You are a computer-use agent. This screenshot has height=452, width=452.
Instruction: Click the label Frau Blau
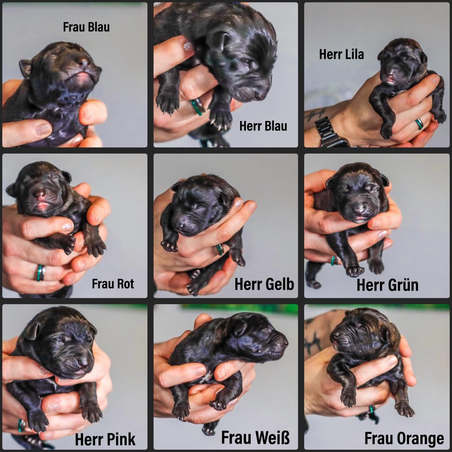pyautogui.click(x=86, y=27)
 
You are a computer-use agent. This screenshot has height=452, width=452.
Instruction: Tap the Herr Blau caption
pyautogui.click(x=263, y=126)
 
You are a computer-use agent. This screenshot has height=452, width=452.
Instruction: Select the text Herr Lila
pyautogui.click(x=341, y=54)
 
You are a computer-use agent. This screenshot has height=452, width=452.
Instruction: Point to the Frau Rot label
pyautogui.click(x=113, y=284)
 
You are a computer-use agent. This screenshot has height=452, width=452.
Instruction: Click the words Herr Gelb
pyautogui.click(x=264, y=284)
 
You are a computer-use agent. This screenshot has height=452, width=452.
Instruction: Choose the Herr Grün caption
pyautogui.click(x=388, y=285)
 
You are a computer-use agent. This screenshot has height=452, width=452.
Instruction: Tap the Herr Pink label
pyautogui.click(x=105, y=439)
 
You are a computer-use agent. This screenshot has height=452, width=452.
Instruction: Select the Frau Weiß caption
pyautogui.click(x=256, y=437)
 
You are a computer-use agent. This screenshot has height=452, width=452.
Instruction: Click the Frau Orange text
pyautogui.click(x=404, y=438)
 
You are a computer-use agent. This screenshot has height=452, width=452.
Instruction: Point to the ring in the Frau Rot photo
pyautogui.click(x=41, y=273)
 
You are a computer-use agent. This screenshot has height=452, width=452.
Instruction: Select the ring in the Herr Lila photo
pyautogui.click(x=419, y=124)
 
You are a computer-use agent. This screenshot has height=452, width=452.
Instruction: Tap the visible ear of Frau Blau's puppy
pyautogui.click(x=25, y=68)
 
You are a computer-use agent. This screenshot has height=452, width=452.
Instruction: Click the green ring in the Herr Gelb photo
pyautogui.click(x=220, y=250)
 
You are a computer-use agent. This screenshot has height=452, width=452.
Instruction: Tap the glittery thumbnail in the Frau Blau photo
pyautogui.click(x=43, y=129)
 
